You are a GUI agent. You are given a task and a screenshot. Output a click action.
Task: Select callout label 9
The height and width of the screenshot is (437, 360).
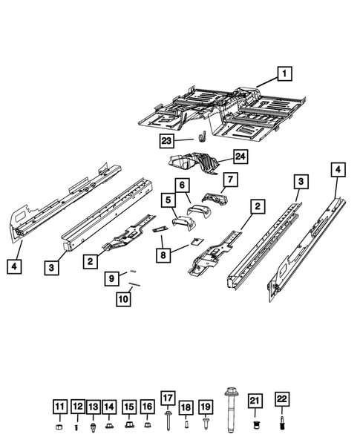coord(109,278)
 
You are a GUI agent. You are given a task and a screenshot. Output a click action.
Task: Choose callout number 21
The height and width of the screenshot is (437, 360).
coord(255,401)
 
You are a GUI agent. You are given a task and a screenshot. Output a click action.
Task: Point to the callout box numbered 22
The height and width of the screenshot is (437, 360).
coord(281,401)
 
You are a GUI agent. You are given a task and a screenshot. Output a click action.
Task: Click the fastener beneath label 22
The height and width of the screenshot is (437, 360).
coord(282,424)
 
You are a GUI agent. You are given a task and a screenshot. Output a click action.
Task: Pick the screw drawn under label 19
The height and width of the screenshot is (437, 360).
coord(205,424)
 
